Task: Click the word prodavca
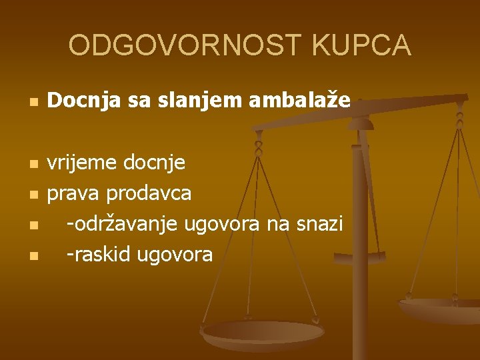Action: [149, 193]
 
